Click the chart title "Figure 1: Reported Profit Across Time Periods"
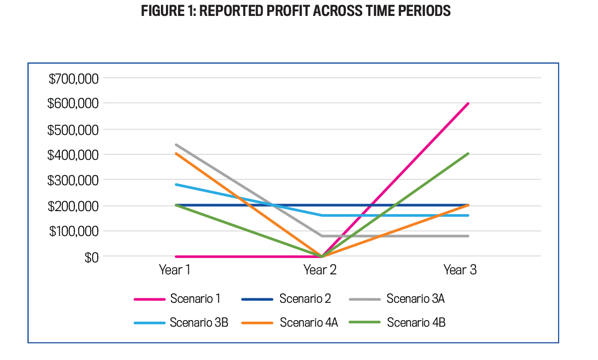(x=296, y=11)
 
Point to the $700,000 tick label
(x=74, y=79)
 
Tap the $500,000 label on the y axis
(x=74, y=130)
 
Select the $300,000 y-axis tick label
(x=74, y=180)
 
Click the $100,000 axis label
(x=74, y=232)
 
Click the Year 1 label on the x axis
(x=175, y=270)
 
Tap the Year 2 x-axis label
(x=320, y=270)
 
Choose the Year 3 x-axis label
(x=460, y=270)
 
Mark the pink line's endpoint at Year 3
(x=468, y=104)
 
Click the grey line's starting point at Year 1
(x=176, y=145)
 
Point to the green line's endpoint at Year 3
(x=468, y=154)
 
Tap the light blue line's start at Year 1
(x=176, y=185)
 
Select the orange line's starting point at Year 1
(x=176, y=153)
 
